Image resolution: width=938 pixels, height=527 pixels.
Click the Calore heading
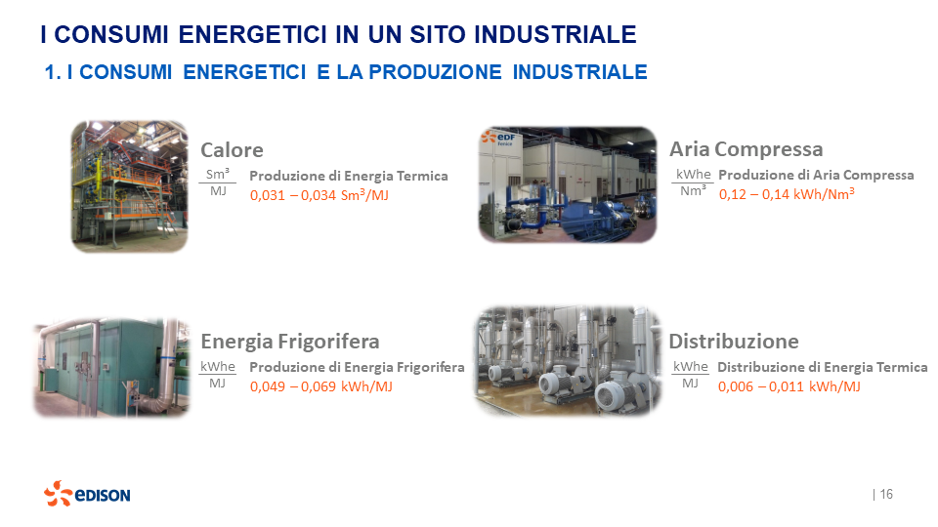pos(232,150)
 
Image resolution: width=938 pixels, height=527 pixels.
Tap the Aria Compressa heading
pos(746,149)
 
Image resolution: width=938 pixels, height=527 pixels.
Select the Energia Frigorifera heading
pos(289,342)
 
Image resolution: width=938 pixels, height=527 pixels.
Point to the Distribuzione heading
pos(733,342)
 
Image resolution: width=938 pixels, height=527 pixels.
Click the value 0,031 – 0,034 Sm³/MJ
pos(320,195)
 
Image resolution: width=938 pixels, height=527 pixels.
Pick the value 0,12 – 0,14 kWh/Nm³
pos(787,194)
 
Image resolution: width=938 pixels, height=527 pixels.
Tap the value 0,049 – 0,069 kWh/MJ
pos(321,386)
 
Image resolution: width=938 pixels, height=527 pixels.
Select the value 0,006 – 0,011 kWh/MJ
pos(789,386)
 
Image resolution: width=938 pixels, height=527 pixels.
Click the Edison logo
pos(87,494)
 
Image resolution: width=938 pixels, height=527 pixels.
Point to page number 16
pos(885,494)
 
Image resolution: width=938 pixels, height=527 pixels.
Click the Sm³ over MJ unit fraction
pos(218,182)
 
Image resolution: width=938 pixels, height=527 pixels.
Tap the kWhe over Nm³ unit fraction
pos(693,182)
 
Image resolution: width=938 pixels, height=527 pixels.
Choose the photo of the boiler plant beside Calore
pos(129,186)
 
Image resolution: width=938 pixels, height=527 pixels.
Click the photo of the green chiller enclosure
pos(110,367)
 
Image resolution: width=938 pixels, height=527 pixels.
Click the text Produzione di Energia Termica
pos(349,176)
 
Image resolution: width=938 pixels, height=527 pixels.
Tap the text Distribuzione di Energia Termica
pos(822,367)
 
